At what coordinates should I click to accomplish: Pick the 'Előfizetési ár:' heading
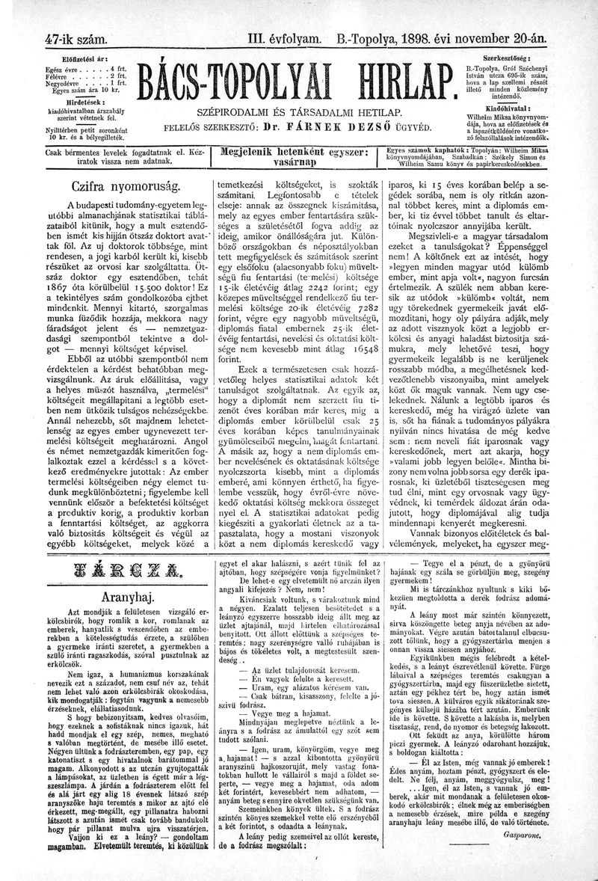click(86, 58)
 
